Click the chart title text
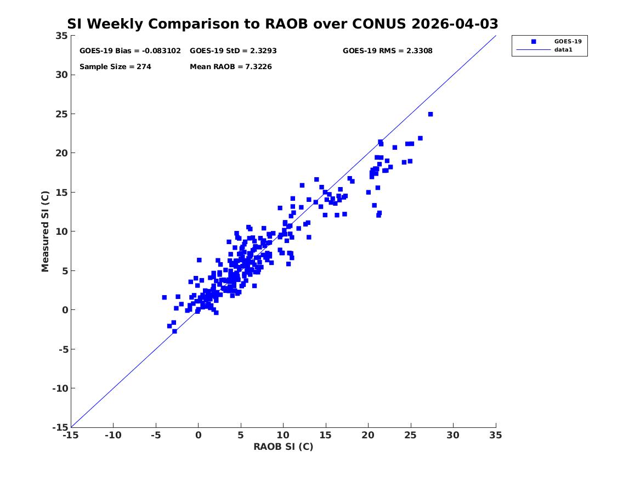282,24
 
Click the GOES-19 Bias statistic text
130,51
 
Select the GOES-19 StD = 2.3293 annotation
233,51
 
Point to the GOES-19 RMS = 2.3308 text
387,51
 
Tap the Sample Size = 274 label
115,67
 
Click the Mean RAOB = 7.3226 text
231,67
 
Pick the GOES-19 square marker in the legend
534,42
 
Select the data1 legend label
563,50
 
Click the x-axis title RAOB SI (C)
284,447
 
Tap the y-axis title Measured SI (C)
45,231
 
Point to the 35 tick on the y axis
61,36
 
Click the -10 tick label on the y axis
60,388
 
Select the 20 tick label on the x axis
368,435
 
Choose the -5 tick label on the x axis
156,435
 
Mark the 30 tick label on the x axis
453,435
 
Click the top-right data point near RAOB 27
430,114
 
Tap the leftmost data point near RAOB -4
164,297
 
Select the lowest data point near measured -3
175,331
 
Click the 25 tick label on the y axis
61,114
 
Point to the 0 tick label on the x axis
199,435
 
